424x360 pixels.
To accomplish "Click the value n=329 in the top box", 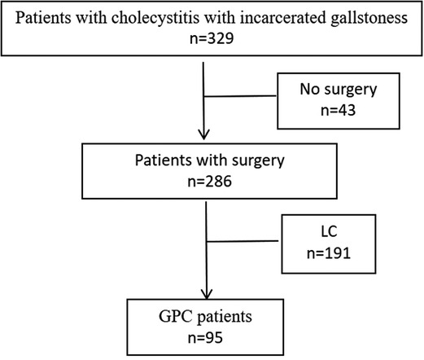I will point(210,37).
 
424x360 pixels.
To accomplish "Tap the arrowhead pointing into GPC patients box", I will point(209,292).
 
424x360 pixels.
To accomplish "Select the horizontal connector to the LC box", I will point(243,243).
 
